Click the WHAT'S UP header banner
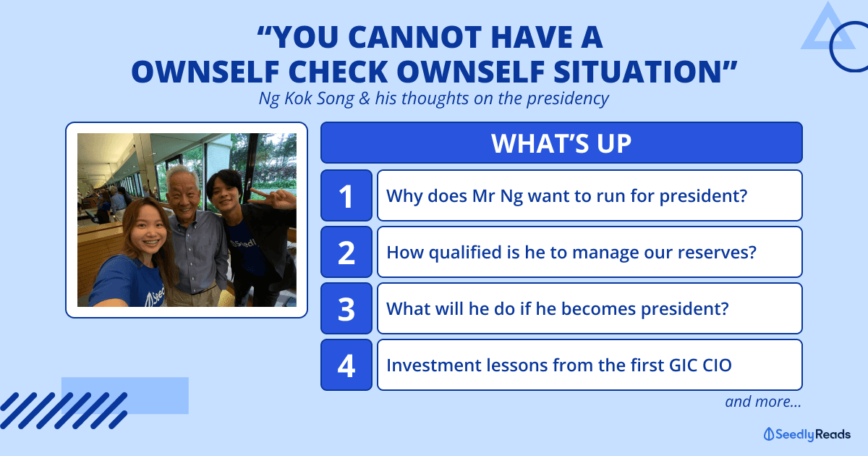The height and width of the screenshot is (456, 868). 561,143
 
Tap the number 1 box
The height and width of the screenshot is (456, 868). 346,195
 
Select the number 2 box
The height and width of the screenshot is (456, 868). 346,252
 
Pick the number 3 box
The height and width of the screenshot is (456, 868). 346,308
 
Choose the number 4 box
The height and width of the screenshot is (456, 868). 346,365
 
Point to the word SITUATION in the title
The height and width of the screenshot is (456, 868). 637,72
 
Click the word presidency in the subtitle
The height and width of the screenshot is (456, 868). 568,99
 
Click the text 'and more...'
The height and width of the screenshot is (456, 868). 762,402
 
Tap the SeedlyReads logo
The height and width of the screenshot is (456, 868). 807,434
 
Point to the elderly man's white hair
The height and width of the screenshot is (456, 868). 182,173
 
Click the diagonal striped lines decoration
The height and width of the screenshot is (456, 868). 64,410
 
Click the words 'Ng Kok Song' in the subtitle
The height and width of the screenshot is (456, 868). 306,99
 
